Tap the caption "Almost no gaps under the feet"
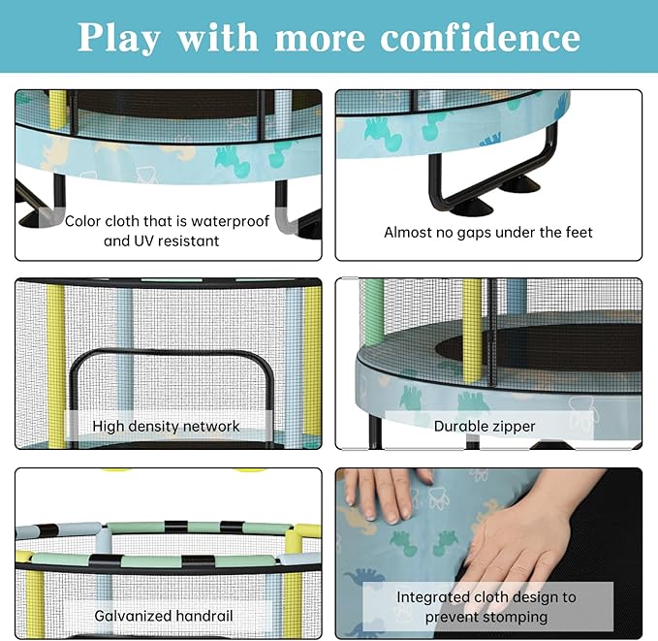487,232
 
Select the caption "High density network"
166,426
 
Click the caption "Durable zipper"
485,426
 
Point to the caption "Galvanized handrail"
164,615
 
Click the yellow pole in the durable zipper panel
471,330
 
